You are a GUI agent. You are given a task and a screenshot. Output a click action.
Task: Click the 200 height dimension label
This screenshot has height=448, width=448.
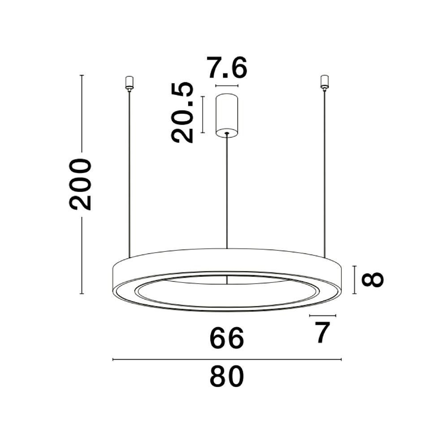80,184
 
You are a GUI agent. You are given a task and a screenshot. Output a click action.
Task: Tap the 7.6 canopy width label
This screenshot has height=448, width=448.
227,68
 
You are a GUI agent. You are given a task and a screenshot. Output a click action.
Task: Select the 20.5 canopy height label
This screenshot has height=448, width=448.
182,112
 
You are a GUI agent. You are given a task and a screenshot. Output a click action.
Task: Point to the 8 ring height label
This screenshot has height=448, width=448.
372,280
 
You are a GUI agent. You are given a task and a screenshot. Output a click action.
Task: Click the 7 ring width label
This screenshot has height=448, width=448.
323,332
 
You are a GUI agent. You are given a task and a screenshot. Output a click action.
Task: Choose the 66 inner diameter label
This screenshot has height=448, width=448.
227,338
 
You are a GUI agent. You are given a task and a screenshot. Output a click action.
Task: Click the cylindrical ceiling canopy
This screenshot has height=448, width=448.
227,115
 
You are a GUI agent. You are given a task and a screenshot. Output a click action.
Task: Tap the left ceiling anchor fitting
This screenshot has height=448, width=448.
129,83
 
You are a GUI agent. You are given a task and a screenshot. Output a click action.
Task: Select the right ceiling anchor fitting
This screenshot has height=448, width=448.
324,82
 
